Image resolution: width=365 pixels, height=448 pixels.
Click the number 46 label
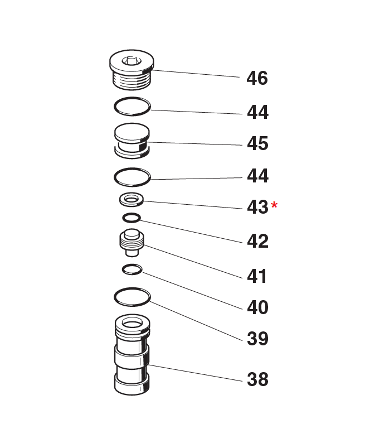257,78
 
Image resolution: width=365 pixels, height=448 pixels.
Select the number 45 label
257,143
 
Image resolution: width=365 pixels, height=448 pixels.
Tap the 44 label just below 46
257,112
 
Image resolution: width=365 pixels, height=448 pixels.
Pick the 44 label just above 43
257,176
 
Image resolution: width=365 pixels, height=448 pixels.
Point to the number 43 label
257,207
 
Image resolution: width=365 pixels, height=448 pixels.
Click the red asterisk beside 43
274,205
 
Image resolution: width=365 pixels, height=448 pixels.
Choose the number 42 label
257,241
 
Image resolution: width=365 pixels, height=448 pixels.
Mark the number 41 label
256,276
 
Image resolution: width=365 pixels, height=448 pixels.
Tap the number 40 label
257,307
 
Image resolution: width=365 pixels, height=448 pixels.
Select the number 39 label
257,339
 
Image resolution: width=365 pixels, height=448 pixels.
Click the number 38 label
257,379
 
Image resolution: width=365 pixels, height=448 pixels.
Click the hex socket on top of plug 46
132,61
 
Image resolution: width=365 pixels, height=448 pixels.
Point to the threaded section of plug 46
132,80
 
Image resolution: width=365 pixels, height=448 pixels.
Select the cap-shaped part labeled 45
132,141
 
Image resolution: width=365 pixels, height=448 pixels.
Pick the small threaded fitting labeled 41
132,242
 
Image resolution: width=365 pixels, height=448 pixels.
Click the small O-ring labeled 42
132,218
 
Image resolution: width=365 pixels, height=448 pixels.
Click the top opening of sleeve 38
132,324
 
